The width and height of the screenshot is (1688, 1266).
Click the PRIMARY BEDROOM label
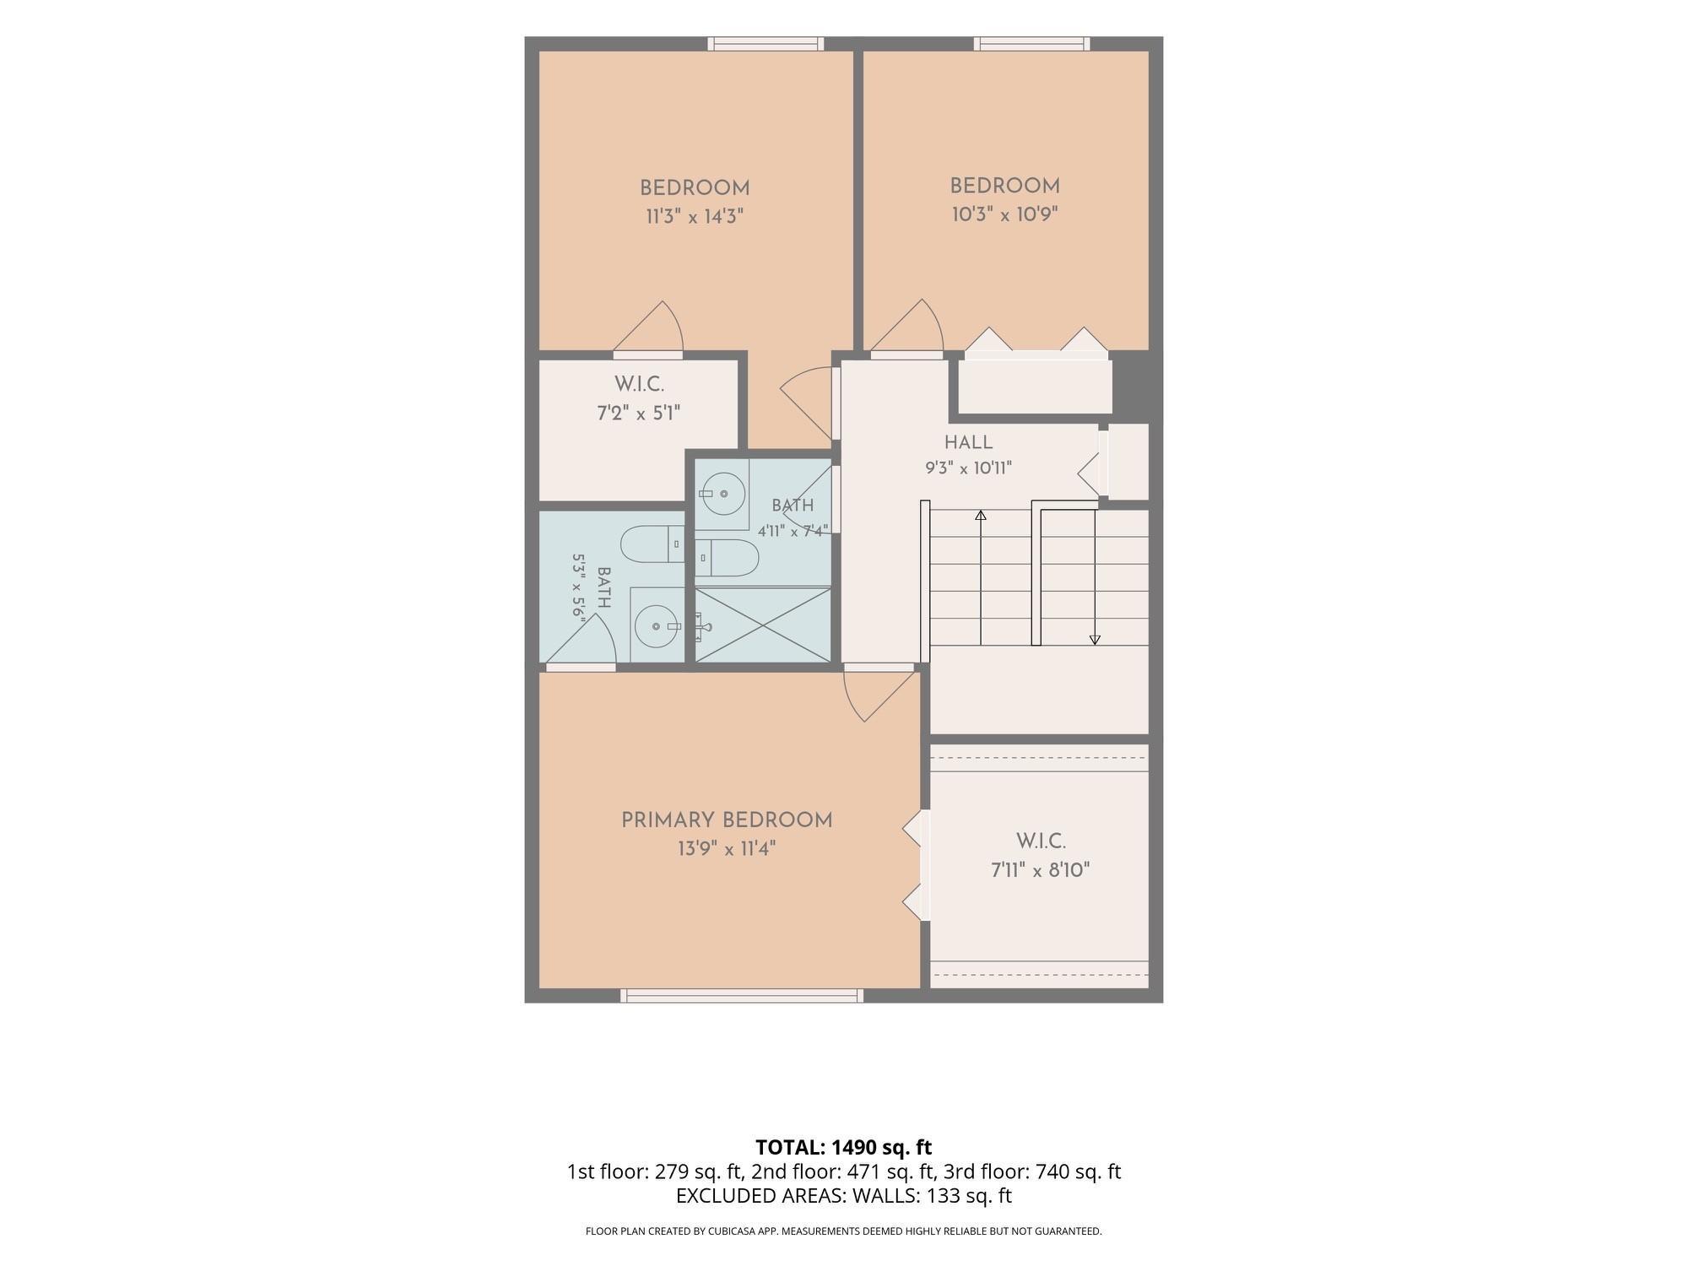(x=727, y=820)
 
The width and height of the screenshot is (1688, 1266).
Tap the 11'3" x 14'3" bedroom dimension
(x=695, y=217)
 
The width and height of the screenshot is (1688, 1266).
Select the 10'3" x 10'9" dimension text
(x=1004, y=214)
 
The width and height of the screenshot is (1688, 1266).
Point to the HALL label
(x=968, y=442)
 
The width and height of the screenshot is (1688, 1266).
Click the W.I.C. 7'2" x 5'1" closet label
(x=639, y=398)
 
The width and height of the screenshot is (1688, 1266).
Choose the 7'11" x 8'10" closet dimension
(x=1041, y=870)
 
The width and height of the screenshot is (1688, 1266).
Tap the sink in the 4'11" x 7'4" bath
(x=722, y=493)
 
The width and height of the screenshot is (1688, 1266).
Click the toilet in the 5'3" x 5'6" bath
(x=652, y=544)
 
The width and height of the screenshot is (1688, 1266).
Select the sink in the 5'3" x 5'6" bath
(x=657, y=625)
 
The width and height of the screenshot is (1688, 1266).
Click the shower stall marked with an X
(x=763, y=625)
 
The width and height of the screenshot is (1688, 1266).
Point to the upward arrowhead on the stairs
(x=981, y=515)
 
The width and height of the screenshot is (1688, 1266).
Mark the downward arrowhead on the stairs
(x=1095, y=640)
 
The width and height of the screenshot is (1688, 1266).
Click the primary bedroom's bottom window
(x=742, y=996)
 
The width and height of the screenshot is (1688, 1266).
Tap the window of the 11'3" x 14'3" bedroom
(x=766, y=44)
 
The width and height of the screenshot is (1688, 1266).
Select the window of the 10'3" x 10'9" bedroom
(x=1031, y=44)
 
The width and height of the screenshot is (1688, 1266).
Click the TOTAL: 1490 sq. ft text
(x=843, y=1147)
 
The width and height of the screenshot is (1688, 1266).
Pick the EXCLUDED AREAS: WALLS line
(x=844, y=1195)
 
